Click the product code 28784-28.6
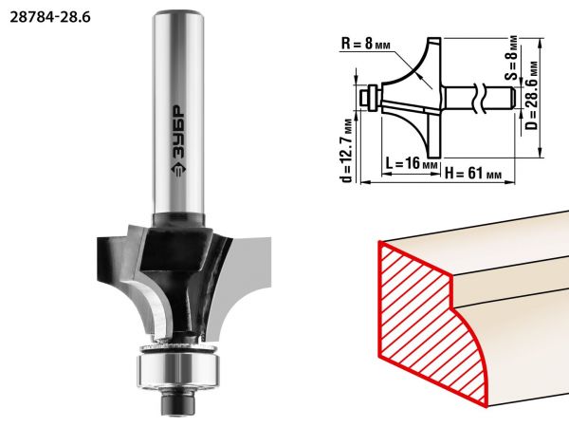[50, 17]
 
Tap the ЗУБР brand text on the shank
[178, 132]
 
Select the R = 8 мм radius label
[366, 45]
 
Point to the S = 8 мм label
[512, 57]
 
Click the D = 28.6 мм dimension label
[532, 95]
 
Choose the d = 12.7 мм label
[347, 150]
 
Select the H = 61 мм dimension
[473, 174]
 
